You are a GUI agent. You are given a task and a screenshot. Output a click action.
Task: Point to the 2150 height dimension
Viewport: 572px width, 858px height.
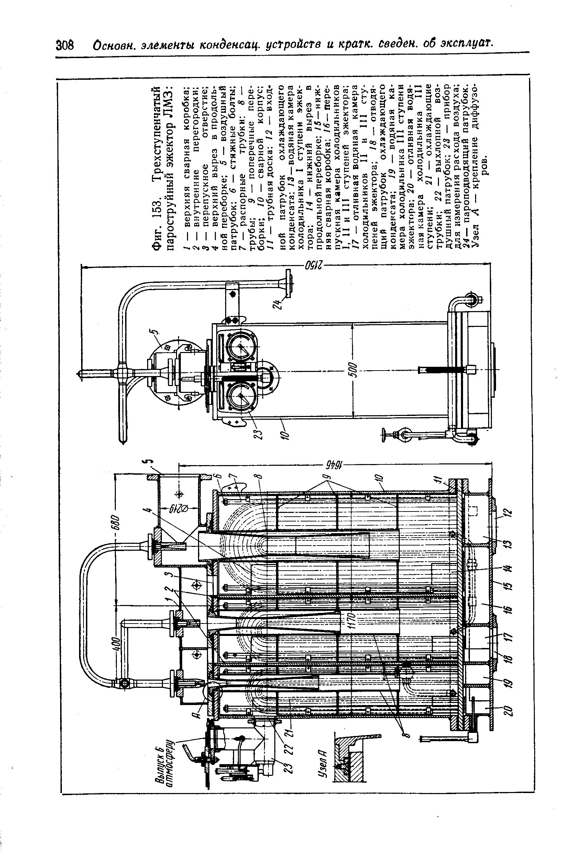[x=312, y=265]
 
